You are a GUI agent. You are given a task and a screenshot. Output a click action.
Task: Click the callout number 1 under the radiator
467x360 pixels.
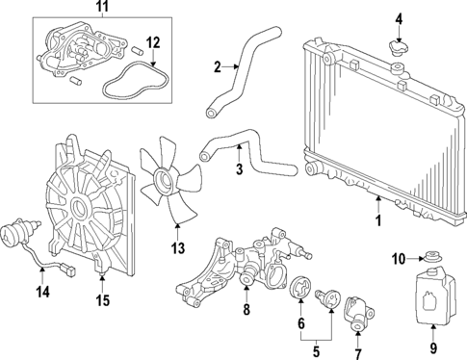point(377,219)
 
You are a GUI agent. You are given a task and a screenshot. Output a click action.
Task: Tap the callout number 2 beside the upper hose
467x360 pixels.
point(218,66)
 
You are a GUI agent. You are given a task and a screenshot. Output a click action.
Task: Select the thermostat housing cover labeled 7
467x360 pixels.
point(357,309)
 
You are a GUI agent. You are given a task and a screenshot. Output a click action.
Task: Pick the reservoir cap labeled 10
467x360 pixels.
point(431,257)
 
